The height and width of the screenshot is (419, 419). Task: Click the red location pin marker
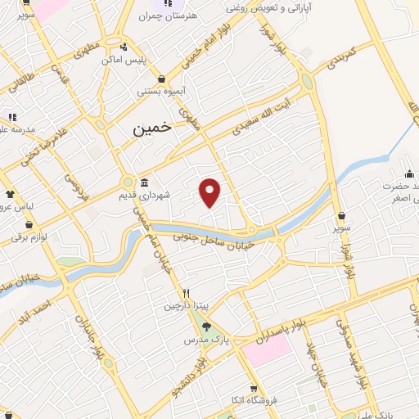(210, 191)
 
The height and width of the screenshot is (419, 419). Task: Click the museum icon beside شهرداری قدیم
(144, 182)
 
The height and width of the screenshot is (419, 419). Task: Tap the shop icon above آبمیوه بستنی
(162, 79)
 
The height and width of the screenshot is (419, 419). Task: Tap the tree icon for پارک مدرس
(205, 326)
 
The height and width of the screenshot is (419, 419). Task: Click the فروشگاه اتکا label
(254, 403)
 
